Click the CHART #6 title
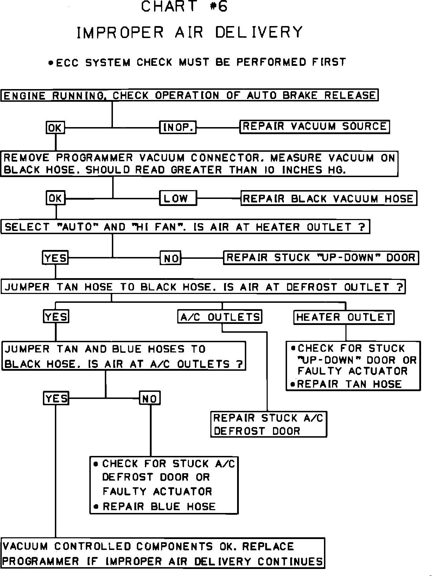(184, 7)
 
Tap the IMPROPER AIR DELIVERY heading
(190, 33)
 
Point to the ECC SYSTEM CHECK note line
(197, 63)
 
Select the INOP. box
(178, 127)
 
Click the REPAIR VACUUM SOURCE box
(314, 127)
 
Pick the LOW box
(178, 199)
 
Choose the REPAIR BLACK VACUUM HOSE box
(328, 199)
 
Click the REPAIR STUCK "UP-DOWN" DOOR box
(321, 258)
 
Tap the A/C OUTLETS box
(220, 317)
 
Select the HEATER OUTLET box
(344, 317)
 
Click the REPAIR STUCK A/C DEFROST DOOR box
(268, 424)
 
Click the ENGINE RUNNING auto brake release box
(189, 95)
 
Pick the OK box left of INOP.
(55, 127)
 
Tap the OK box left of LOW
(56, 199)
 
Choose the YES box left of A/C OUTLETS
(56, 317)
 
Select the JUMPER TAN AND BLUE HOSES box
(123, 356)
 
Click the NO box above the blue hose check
(150, 398)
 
